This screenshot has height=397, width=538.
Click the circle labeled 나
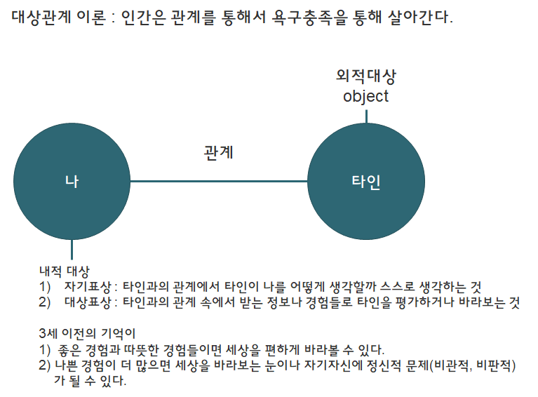click(x=72, y=182)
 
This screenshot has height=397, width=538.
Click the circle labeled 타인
click(x=366, y=182)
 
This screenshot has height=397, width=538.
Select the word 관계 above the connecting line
click(x=218, y=152)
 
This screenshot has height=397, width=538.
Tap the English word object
click(x=365, y=97)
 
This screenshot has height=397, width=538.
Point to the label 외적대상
click(x=365, y=76)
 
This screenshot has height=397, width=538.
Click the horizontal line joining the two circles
click(x=218, y=182)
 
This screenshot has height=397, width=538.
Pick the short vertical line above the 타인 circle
click(x=366, y=114)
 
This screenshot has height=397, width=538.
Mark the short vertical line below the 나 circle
click(x=72, y=250)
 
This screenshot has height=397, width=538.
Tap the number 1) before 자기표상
click(x=46, y=287)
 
